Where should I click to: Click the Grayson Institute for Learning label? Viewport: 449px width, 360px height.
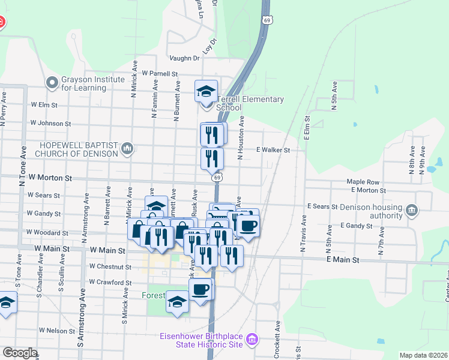[x=84, y=83]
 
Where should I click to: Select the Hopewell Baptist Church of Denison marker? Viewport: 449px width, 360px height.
[x=127, y=148]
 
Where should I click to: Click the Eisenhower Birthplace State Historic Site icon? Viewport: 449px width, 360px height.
[x=252, y=341]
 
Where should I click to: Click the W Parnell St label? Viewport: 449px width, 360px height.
[x=160, y=73]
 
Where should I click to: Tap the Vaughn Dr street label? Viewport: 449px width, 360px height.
[x=184, y=58]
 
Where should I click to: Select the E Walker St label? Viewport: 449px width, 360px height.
[x=273, y=150]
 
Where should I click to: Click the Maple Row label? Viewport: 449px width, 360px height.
[x=363, y=182]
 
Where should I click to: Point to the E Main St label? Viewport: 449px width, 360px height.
[x=343, y=260]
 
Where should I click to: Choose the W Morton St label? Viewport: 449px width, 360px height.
[x=50, y=178]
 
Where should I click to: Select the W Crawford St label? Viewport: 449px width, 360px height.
[x=110, y=282]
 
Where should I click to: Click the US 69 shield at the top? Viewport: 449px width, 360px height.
[x=267, y=20]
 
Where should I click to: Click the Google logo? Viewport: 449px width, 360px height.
[x=19, y=352]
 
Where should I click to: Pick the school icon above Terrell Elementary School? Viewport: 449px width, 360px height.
[x=206, y=92]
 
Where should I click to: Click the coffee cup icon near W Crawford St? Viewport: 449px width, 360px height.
[x=200, y=289]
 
